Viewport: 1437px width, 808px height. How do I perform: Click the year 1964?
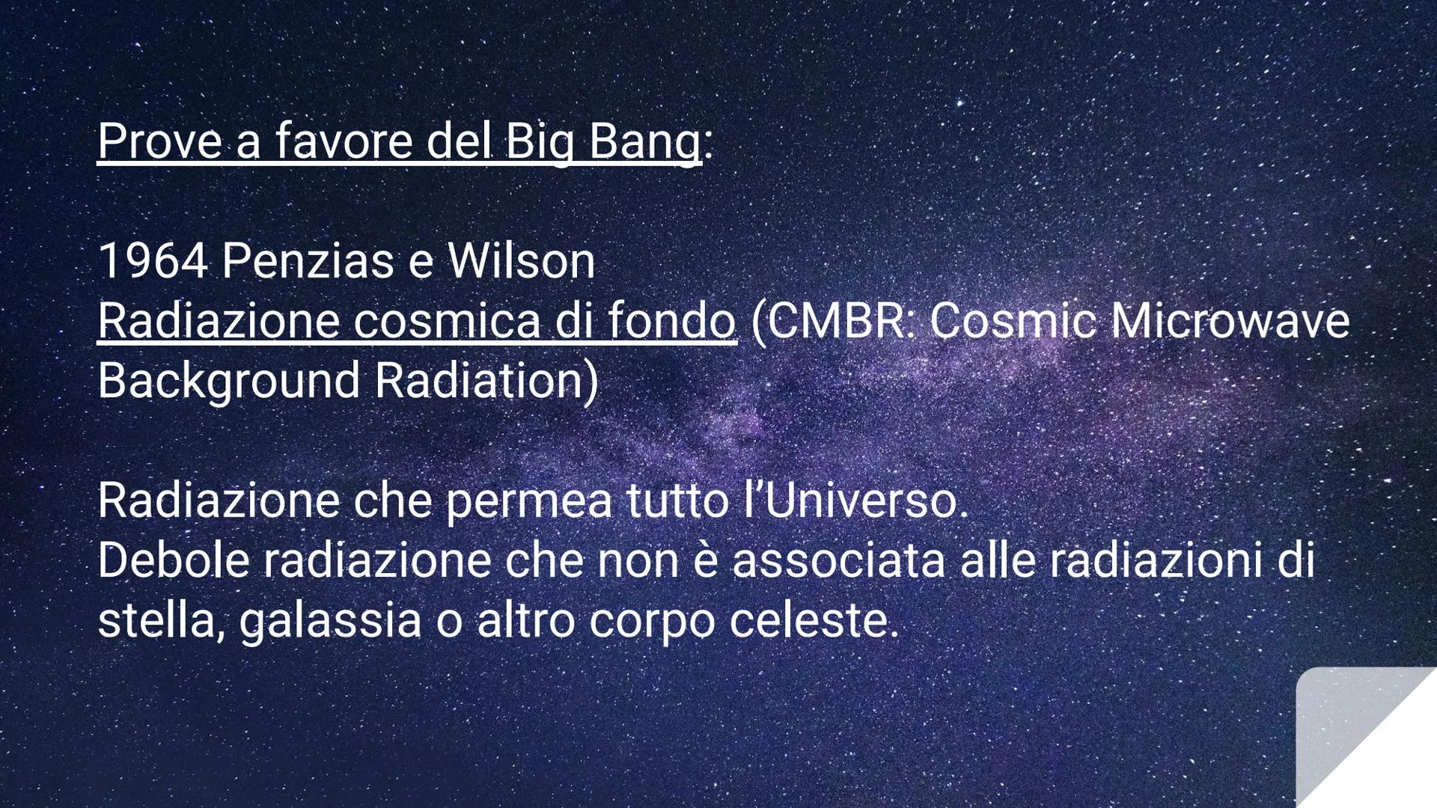click(x=152, y=261)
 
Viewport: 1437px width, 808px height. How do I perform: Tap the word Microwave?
click(x=1230, y=321)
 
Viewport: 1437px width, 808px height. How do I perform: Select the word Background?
click(x=229, y=381)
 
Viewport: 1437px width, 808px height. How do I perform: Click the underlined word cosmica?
click(x=447, y=321)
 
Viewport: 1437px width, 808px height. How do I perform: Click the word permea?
click(x=528, y=501)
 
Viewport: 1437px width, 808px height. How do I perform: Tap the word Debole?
click(x=173, y=560)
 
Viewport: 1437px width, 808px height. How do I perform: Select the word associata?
click(x=838, y=560)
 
